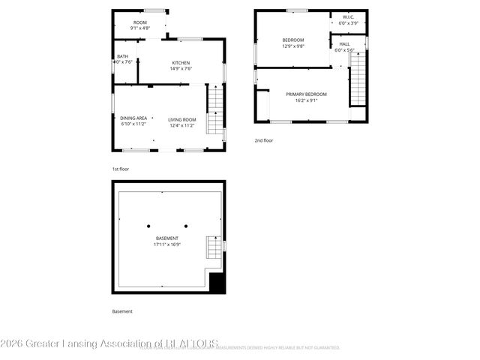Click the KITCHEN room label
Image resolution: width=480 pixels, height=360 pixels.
click(x=181, y=62)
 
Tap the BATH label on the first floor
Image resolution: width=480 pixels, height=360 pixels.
click(x=121, y=56)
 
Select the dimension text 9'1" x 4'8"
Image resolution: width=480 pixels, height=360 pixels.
click(x=140, y=28)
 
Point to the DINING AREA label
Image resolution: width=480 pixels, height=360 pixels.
click(x=133, y=118)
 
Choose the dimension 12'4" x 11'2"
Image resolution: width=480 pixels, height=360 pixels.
click(x=181, y=124)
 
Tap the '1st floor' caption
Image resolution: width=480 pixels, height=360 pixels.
click(x=121, y=169)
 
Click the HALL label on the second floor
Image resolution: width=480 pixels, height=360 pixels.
click(x=344, y=43)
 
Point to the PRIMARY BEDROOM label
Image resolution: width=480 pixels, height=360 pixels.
click(x=306, y=94)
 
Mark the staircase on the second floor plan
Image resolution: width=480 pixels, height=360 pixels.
click(x=358, y=82)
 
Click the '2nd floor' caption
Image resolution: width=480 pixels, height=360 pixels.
click(x=263, y=140)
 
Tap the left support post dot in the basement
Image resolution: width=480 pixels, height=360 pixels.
click(x=148, y=226)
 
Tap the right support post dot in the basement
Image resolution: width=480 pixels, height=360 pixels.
click(x=186, y=226)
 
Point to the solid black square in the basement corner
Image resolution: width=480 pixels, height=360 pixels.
click(x=217, y=283)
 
